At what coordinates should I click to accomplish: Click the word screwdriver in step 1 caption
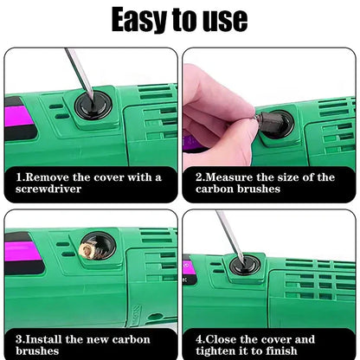pos(54,188)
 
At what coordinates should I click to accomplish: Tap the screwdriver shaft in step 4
pos(227,234)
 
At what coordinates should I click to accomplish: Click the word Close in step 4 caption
pos(227,339)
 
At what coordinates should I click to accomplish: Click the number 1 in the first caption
pos(18,177)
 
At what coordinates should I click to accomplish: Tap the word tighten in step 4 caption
pos(220,351)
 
